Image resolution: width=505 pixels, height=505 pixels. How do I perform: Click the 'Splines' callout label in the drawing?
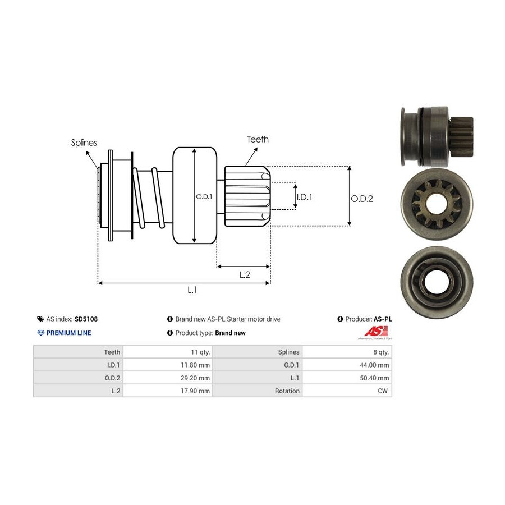pyautogui.click(x=84, y=143)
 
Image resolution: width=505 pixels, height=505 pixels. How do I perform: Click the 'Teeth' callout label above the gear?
pyautogui.click(x=258, y=139)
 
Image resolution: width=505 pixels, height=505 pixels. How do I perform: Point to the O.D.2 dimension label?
pyautogui.click(x=362, y=198)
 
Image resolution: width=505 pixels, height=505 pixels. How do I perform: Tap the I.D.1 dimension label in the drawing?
pyautogui.click(x=304, y=197)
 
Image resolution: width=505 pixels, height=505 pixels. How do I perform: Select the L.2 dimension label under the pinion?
pyautogui.click(x=245, y=274)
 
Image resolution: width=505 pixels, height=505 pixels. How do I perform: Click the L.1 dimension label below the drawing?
pyautogui.click(x=192, y=290)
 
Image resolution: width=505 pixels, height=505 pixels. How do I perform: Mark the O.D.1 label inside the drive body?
pyautogui.click(x=203, y=196)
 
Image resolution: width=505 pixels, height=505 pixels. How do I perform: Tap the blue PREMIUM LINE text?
pyautogui.click(x=68, y=333)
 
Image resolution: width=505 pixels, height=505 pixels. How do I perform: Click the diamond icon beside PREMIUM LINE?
pyautogui.click(x=40, y=333)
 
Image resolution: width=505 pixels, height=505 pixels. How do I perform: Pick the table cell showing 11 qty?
pyautogui.click(x=200, y=352)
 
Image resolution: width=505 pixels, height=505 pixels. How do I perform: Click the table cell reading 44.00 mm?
pyautogui.click(x=377, y=365)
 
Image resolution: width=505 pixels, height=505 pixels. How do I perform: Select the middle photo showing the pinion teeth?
pyautogui.click(x=437, y=205)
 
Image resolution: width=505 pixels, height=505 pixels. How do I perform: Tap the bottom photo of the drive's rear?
pyautogui.click(x=436, y=278)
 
